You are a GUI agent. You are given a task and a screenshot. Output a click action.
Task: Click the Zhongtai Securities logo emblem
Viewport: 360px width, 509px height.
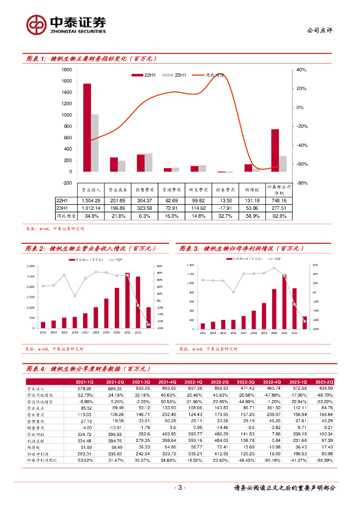pos(37,24)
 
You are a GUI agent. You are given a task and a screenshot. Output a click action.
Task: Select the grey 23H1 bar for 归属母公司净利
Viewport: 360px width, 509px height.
pos(283,164)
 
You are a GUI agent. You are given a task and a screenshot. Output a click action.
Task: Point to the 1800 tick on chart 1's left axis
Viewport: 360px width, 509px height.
pos(67,70)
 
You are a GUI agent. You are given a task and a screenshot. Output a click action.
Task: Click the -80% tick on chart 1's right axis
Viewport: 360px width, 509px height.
pos(302,183)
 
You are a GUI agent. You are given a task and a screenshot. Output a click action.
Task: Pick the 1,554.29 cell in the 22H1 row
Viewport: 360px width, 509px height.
pos(91,200)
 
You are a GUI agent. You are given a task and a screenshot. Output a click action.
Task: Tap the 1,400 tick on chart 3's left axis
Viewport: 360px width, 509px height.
pos(190,265)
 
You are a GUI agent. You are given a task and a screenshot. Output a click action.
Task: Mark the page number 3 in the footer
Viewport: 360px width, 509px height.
pos(180,488)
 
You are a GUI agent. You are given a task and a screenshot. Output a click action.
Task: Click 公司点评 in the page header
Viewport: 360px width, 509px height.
pos(320,30)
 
